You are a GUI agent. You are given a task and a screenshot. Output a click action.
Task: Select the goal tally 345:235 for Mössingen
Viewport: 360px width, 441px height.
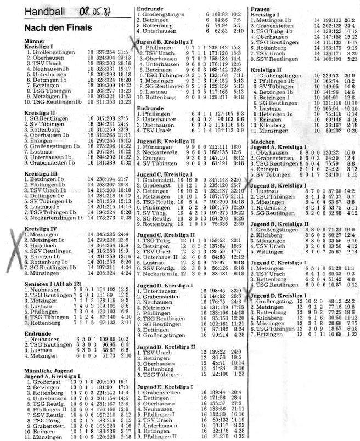(108, 219)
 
